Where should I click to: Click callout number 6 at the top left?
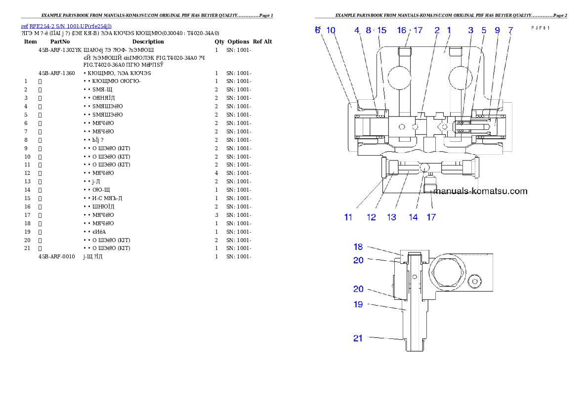pyautogui.click(x=318, y=30)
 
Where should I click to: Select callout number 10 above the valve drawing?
pyautogui.click(x=331, y=30)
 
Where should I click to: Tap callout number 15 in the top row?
pyautogui.click(x=382, y=30)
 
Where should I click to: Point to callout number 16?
pyautogui.click(x=402, y=30)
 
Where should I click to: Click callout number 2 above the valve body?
pyautogui.click(x=437, y=30)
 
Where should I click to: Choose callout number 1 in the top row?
pyautogui.click(x=449, y=30)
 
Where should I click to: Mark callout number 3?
pyautogui.click(x=471, y=30)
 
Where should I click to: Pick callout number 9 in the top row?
pyautogui.click(x=497, y=30)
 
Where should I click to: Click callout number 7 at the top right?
pyautogui.click(x=510, y=30)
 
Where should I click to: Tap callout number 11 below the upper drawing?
pyautogui.click(x=348, y=217)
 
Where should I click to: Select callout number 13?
pyautogui.click(x=391, y=217)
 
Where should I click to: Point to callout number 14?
pyautogui.click(x=413, y=217)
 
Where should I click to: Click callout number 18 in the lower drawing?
pyautogui.click(x=358, y=247)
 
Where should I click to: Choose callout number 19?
pyautogui.click(x=358, y=304)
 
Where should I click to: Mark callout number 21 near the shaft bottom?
pyautogui.click(x=358, y=338)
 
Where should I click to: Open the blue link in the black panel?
pyautogui.click(x=66, y=26)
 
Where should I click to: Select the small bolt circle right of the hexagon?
pyautogui.click(x=475, y=281)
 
